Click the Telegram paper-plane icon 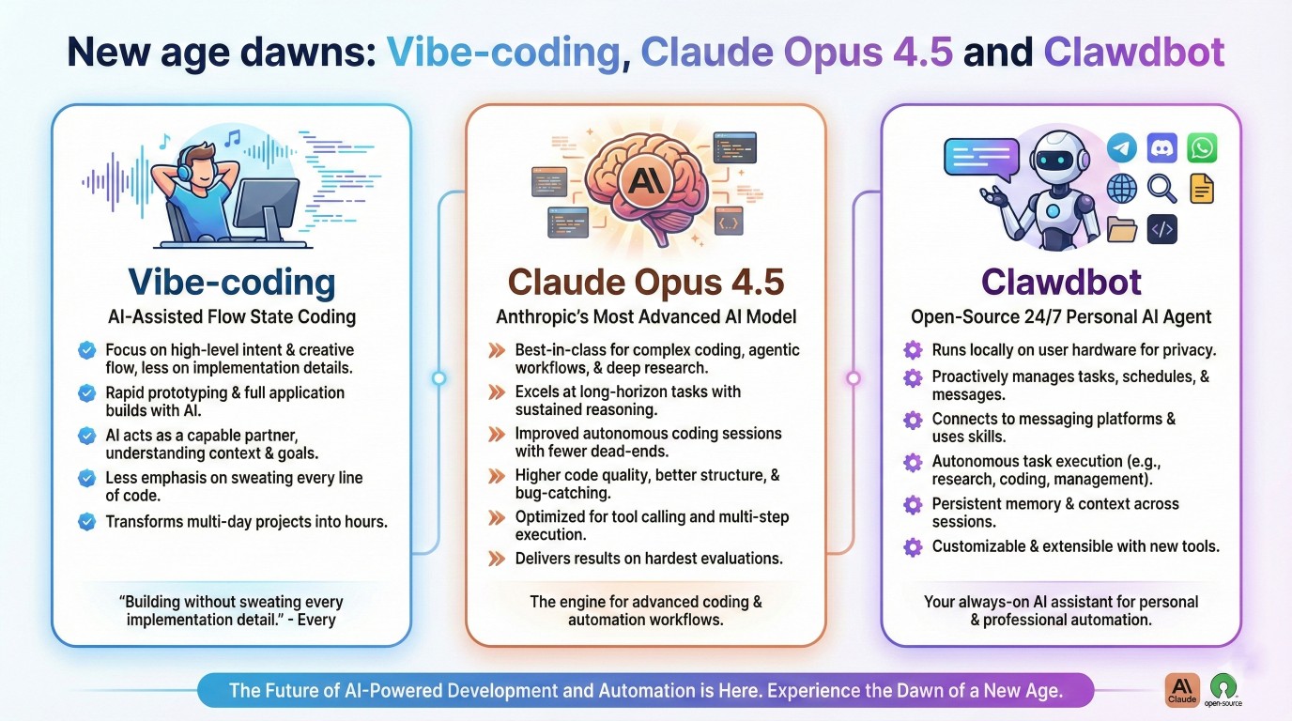[1121, 147]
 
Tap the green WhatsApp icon [1202, 147]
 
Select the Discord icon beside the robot [1161, 147]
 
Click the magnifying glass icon [1161, 189]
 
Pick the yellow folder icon [1121, 229]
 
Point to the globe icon [1121, 189]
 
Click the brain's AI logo [644, 178]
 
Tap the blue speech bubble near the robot [980, 157]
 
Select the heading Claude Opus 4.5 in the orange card [645, 282]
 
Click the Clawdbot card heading [1061, 282]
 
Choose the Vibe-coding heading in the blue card [231, 282]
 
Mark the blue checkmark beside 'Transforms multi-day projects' [87, 521]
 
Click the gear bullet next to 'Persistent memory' [913, 504]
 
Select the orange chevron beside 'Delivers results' [497, 559]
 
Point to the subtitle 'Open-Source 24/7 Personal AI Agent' [1061, 317]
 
